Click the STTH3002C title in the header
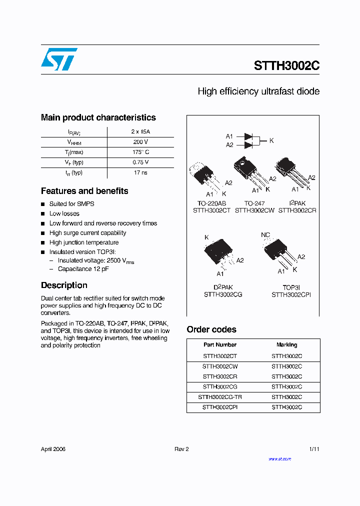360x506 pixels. (x=286, y=66)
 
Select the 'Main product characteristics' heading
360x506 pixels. (x=98, y=117)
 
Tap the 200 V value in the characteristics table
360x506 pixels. (x=140, y=142)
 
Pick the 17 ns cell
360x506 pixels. (x=140, y=172)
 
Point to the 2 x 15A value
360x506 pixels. (x=140, y=131)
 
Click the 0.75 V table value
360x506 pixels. (x=140, y=162)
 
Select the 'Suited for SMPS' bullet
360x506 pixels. (x=71, y=204)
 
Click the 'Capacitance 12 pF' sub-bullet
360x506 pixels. (x=83, y=269)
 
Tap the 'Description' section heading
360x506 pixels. (x=64, y=285)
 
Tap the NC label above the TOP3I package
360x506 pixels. (x=265, y=234)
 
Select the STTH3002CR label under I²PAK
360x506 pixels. (x=297, y=210)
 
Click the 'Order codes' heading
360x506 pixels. (x=211, y=329)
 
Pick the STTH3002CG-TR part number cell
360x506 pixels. (x=220, y=397)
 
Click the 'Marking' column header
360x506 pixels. (x=286, y=345)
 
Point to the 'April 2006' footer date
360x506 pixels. (x=53, y=449)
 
